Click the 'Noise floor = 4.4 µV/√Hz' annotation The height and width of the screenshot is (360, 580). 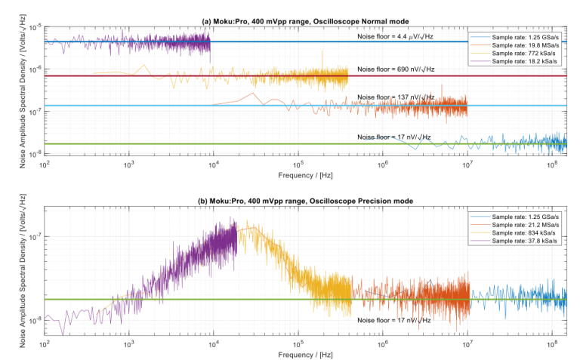(x=395, y=35)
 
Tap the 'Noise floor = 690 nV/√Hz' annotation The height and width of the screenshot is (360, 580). (x=396, y=69)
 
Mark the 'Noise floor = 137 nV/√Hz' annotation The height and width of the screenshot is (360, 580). (x=396, y=97)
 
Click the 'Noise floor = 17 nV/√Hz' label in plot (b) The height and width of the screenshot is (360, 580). (x=393, y=320)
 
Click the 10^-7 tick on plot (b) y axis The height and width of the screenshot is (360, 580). (x=33, y=236)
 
